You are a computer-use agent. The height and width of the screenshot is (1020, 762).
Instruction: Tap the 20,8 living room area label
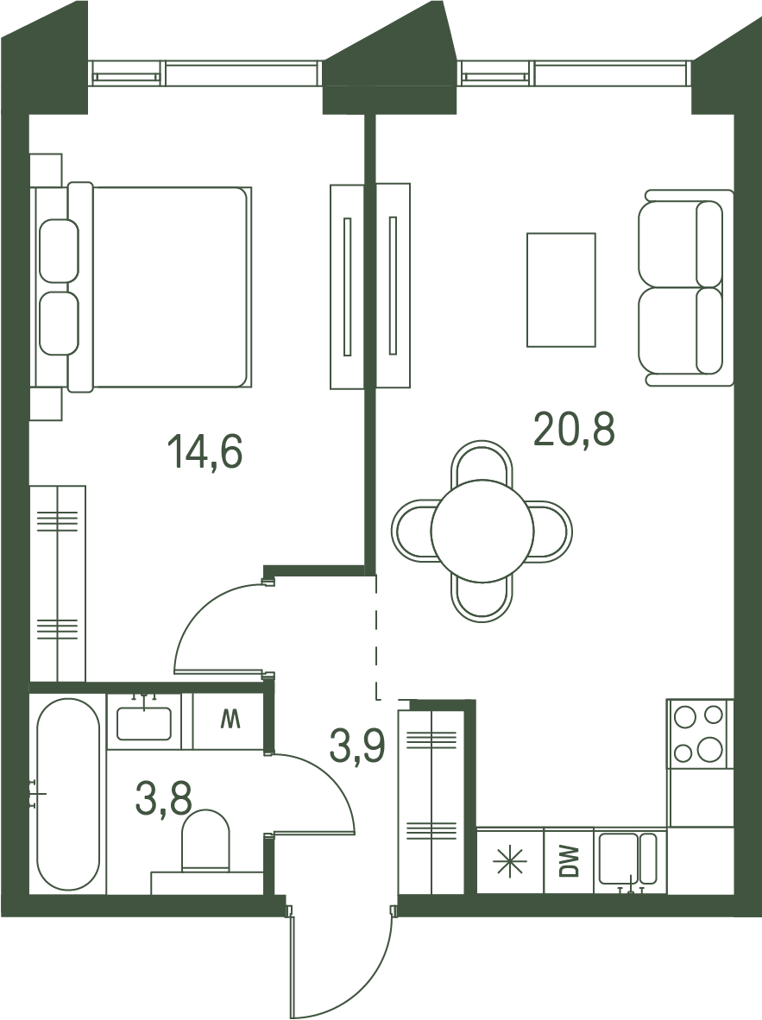pos(574,430)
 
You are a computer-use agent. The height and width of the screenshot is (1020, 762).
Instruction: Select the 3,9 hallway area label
pos(357,746)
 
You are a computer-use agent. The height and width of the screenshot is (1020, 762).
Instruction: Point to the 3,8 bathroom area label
pos(163,798)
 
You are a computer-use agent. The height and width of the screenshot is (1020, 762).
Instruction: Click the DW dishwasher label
pos(570,860)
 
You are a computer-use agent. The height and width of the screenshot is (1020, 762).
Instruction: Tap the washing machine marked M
pos(229,721)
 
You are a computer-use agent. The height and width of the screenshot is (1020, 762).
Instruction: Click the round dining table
pos(482,531)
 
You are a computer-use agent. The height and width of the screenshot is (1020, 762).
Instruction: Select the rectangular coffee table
pos(561,289)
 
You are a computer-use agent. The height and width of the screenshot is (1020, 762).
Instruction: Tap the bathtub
pos(67,794)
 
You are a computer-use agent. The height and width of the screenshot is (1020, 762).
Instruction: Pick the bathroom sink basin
pos(144,723)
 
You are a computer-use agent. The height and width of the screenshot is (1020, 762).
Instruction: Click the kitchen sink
pos(628,859)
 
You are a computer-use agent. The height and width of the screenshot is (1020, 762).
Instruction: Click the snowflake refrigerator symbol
pos(509,860)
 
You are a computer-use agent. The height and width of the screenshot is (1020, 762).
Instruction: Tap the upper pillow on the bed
pos(59,251)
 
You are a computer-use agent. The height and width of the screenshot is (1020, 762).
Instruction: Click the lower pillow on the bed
pos(59,324)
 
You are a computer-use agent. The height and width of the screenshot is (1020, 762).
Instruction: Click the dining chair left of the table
pos(412,531)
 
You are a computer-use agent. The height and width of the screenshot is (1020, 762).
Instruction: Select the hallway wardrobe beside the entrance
pos(431,803)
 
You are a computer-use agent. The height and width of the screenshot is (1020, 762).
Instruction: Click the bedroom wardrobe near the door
pos(58,583)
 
